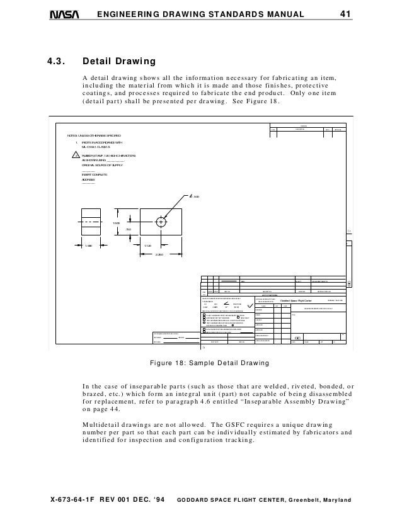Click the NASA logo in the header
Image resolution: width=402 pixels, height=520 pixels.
coord(64,14)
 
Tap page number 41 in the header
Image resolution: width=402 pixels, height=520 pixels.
coord(345,14)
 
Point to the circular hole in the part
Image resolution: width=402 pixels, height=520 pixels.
coord(162,222)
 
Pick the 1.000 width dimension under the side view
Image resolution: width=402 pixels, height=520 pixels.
coord(90,246)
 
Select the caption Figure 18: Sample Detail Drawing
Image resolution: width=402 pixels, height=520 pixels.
coord(201,363)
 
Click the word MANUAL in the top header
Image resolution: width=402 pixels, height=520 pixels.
coord(284,14)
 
